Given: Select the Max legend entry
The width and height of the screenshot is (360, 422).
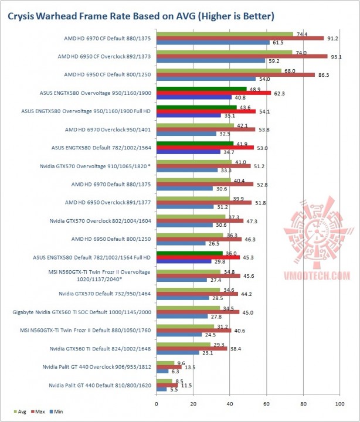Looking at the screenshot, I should [38, 412].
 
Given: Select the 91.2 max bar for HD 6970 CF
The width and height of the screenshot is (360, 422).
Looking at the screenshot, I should [240, 38].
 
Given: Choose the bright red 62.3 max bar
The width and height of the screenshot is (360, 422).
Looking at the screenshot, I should [213, 93].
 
